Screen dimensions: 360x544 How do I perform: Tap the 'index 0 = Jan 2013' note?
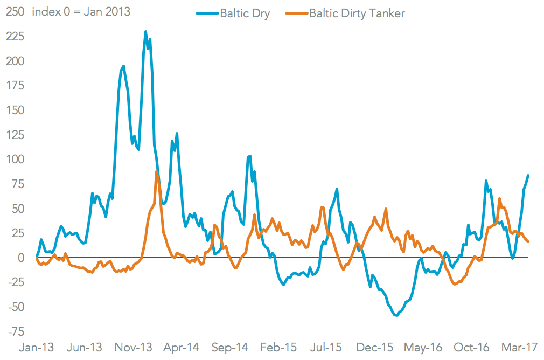click(x=81, y=11)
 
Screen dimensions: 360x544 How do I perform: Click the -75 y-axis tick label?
click(x=15, y=331)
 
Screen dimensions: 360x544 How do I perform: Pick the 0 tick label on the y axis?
click(x=20, y=258)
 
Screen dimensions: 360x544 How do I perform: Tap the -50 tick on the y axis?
click(x=15, y=307)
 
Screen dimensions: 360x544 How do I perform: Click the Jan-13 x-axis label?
click(x=37, y=347)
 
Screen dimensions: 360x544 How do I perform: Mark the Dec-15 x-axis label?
click(x=376, y=347)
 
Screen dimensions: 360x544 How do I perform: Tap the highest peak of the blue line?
click(x=146, y=32)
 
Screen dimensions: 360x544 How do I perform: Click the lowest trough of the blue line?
click(x=396, y=315)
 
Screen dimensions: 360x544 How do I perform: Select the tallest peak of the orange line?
click(x=156, y=171)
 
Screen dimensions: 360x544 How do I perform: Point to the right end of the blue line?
click(x=528, y=175)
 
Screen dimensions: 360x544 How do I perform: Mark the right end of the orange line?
click(x=528, y=241)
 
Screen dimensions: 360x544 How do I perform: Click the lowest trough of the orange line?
click(x=455, y=284)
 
